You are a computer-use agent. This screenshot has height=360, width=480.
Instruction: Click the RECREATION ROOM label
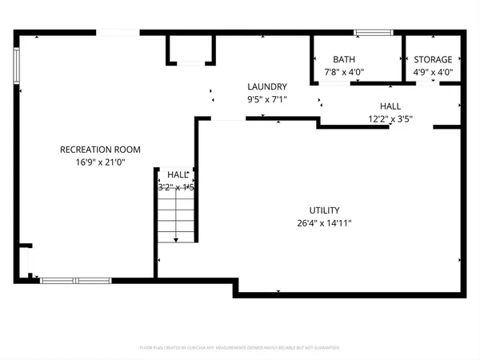coord(100,149)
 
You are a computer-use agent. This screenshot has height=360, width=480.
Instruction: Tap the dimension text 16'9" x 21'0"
coord(100,162)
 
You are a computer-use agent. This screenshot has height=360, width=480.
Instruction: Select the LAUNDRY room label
coord(267,86)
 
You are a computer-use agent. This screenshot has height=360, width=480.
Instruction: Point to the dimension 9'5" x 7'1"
coord(267,99)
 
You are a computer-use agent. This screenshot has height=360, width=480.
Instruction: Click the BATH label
coord(344,59)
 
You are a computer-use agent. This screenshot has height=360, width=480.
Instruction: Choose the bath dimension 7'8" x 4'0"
coord(344,72)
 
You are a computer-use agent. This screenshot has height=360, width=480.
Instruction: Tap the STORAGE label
coord(433,59)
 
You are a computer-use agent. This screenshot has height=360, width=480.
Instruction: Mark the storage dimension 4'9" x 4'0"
coord(433,72)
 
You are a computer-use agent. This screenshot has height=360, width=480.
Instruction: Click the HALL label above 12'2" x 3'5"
coord(390,106)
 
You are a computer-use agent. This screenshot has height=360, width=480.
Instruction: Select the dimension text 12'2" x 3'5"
coord(390,118)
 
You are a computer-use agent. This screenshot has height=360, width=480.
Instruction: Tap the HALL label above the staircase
coord(177,174)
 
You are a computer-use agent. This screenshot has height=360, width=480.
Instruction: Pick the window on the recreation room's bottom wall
coord(75,280)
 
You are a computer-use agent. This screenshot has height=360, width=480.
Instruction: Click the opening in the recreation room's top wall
coord(118,33)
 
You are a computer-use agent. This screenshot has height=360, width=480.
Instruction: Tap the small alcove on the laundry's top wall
coord(190,50)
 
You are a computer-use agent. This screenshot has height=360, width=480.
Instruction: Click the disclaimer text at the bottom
coord(239,348)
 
